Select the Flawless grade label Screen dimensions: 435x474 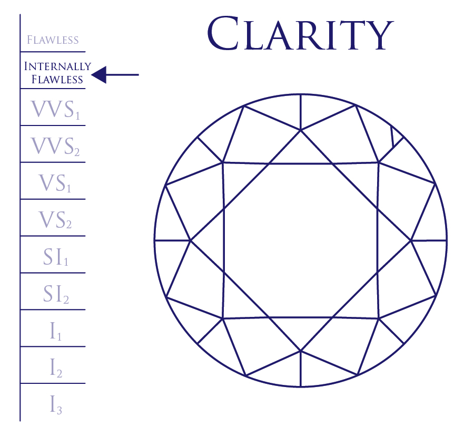pos(53,40)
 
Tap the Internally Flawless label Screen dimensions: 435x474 pos(57,73)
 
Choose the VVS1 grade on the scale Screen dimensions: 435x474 pos(55,110)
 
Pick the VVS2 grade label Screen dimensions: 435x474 pos(55,147)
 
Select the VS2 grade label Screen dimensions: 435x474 pos(55,220)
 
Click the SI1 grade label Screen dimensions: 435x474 pos(56,257)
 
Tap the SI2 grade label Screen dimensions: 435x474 pos(56,294)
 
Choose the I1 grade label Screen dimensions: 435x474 pos(55,331)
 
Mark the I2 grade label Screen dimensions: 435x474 pos(56,368)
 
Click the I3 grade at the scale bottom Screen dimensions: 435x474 pos(56,405)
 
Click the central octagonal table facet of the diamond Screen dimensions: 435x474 pos(301,240)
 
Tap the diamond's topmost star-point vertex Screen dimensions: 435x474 pos(301,129)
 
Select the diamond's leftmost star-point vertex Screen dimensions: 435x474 pos(190,240)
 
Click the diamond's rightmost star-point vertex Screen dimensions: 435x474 pos(411,240)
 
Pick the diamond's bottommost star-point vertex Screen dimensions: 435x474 pos(301,350)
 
